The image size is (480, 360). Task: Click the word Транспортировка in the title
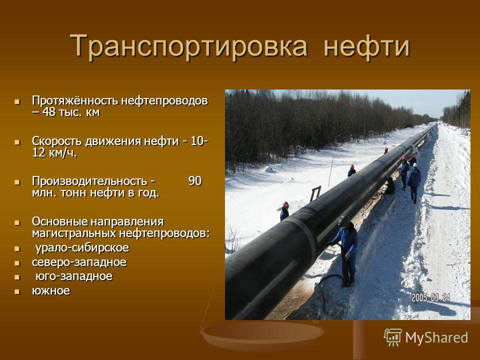pos(188,46)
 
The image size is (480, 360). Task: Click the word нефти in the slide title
pos(366,46)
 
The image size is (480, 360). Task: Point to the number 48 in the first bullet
pos(49,112)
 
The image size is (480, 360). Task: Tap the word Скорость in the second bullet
pos(57,141)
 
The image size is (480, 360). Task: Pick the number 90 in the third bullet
pos(195,181)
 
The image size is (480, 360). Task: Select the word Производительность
pos(90,181)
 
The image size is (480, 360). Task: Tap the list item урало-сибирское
pos(82,247)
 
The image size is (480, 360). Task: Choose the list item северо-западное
pos(79,262)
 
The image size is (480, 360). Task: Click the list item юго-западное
pos(74,276)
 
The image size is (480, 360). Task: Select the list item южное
pos(51,290)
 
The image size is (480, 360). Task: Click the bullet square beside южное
pos(17,291)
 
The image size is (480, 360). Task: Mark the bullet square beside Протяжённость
pos(17,101)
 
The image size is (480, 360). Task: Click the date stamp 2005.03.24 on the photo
pos(430,297)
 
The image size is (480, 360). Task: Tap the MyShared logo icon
pos(393,337)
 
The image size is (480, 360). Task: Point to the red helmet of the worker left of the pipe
pos(285,204)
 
